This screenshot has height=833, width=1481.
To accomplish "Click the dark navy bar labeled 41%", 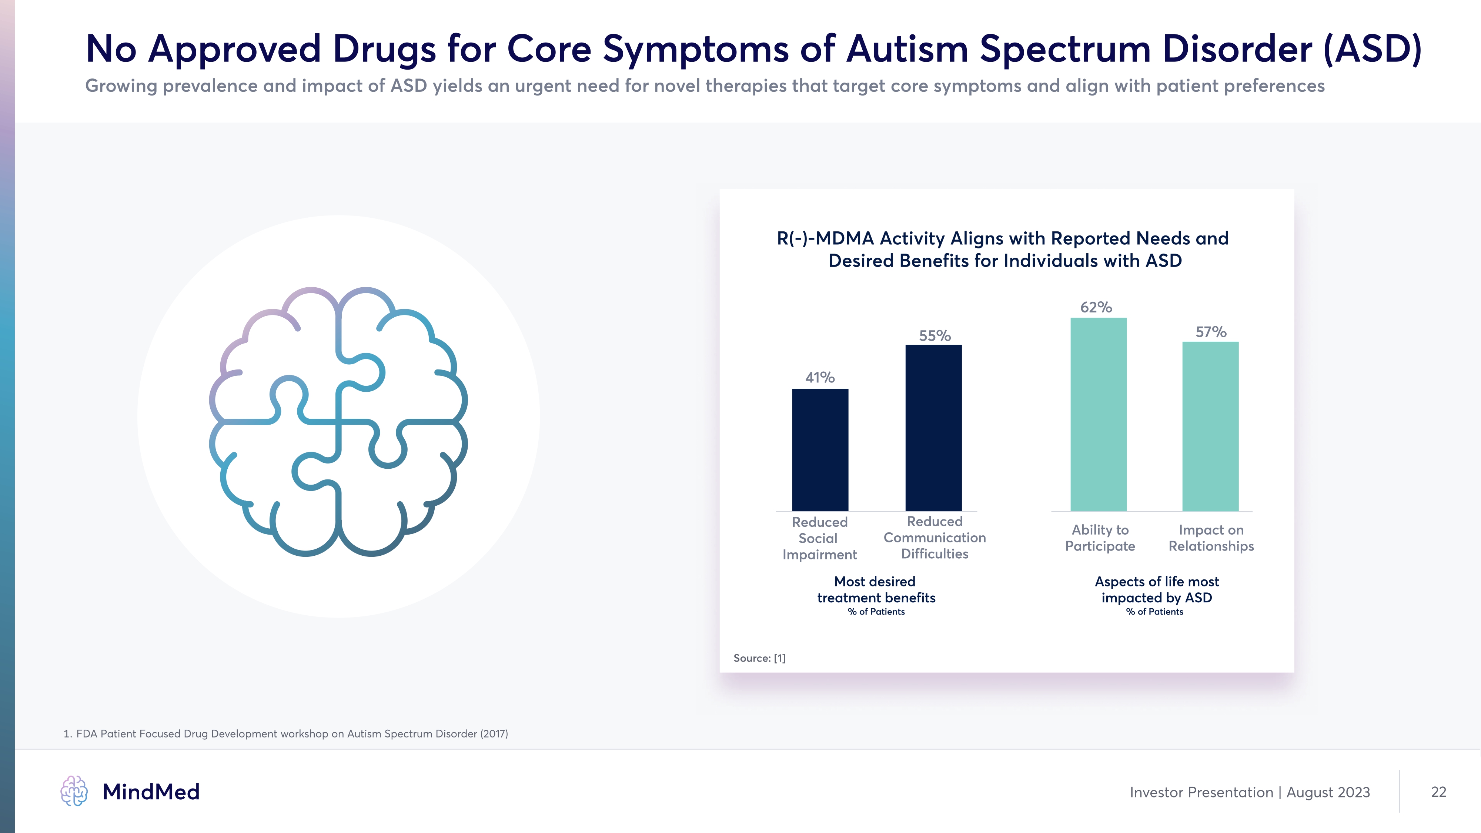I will tap(820, 449).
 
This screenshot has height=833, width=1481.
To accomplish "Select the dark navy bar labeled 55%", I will tap(933, 428).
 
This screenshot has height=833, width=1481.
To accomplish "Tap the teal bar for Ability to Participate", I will tap(1098, 414).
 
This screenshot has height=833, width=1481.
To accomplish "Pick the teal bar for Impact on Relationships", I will tap(1210, 426).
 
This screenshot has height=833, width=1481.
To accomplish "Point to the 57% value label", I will tap(1211, 332).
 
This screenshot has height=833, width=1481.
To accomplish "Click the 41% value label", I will tap(820, 378).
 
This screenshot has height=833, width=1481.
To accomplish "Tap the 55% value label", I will tap(934, 336).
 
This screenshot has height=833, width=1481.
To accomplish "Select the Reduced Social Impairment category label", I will tap(819, 538).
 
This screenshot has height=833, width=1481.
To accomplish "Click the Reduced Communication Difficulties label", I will tap(934, 538).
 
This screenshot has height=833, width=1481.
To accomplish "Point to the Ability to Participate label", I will tap(1100, 538).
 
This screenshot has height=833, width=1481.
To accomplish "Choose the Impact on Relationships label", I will tap(1211, 538).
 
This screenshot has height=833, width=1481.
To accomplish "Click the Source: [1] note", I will tap(759, 658).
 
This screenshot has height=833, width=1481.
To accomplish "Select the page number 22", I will tap(1438, 792).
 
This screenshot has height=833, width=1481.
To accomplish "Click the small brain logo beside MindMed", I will tap(74, 791).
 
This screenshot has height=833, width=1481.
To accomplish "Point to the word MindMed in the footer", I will tap(151, 792).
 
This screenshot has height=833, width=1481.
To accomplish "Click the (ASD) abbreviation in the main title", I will tap(1373, 50).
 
